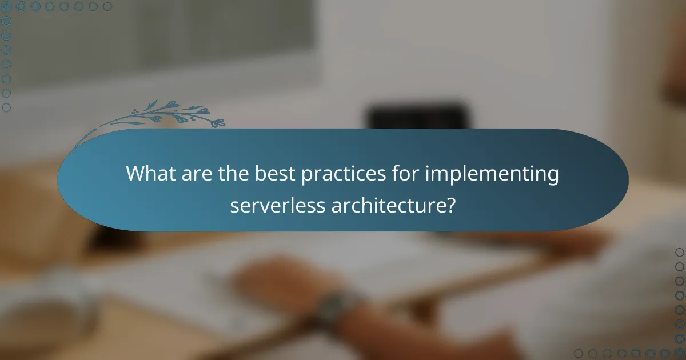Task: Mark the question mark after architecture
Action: click(450, 205)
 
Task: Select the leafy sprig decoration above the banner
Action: click(171, 114)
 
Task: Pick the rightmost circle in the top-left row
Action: click(107, 6)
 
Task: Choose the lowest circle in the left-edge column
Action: click(6, 107)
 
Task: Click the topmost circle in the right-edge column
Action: click(680, 252)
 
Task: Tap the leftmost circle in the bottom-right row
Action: click(579, 354)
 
